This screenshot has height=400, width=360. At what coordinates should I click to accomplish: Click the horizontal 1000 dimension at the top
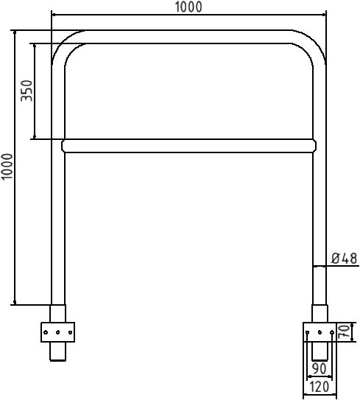(x=188, y=7)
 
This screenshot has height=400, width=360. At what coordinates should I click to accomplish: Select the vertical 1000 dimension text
(x=7, y=166)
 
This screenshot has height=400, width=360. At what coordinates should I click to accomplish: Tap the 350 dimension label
(x=27, y=91)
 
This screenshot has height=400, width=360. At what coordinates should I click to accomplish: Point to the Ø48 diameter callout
(x=345, y=259)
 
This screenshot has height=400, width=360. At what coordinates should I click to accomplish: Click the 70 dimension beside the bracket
(x=344, y=331)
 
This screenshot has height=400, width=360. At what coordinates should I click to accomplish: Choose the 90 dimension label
(x=320, y=368)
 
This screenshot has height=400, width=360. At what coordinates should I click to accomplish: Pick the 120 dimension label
(x=320, y=387)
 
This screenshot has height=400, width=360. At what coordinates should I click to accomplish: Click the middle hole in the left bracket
(x=58, y=332)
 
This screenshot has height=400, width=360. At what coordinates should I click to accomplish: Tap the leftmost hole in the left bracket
(x=46, y=332)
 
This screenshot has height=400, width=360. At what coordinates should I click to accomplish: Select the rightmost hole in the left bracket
(x=71, y=332)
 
